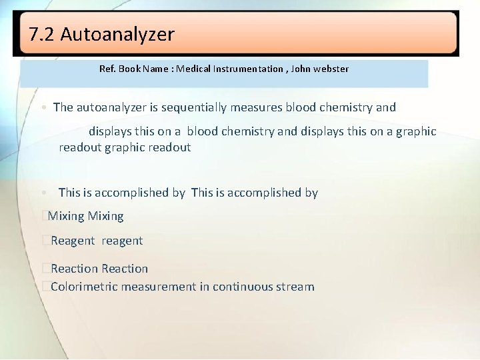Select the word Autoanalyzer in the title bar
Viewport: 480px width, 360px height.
pos(117,35)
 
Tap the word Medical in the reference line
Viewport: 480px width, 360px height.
pos(194,69)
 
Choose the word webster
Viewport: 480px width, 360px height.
pos(333,69)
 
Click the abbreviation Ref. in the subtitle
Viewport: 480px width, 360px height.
pos(107,69)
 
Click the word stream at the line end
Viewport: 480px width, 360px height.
pos(297,287)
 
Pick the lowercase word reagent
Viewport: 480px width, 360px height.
pos(122,241)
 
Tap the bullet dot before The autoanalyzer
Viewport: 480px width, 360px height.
pos(42,108)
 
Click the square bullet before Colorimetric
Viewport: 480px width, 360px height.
pos(45,287)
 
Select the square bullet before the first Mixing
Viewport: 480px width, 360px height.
pos(43,216)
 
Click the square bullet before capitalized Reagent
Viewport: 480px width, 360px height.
pos(45,241)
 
